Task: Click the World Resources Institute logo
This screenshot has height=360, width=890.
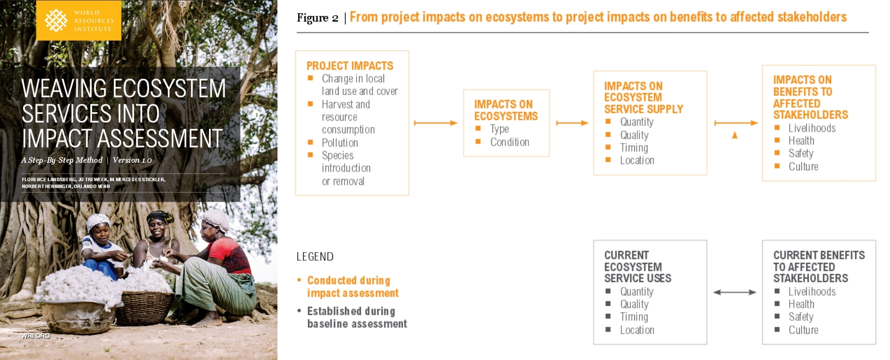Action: tap(79, 21)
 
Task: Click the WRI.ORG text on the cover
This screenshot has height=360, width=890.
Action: tap(36, 336)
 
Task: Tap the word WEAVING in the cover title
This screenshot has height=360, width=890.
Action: tap(64, 89)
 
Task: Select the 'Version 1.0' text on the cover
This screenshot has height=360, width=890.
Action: tap(132, 160)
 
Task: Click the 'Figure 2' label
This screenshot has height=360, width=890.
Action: tap(318, 18)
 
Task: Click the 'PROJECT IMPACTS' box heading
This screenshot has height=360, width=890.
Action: tap(350, 66)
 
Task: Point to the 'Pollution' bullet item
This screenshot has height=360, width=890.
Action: tap(340, 143)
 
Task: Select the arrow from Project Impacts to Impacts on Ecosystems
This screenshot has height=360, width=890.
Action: tap(435, 123)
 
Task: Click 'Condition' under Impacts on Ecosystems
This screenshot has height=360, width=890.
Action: tap(510, 142)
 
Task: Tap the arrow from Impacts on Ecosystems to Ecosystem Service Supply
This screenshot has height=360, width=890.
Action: tap(572, 123)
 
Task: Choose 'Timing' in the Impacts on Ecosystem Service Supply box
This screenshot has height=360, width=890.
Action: tap(634, 148)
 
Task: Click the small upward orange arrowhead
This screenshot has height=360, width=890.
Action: tap(735, 135)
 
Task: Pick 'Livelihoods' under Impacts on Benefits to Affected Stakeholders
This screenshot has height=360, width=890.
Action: tap(812, 128)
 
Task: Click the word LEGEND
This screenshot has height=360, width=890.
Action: tap(315, 257)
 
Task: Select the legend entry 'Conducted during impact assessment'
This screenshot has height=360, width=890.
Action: tap(353, 287)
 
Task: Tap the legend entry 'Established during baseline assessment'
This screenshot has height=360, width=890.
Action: tap(357, 317)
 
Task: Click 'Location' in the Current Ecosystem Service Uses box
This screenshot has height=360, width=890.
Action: tap(637, 330)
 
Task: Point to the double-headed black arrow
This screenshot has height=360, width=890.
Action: tap(735, 292)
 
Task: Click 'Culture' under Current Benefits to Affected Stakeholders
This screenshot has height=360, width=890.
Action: tap(803, 330)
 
